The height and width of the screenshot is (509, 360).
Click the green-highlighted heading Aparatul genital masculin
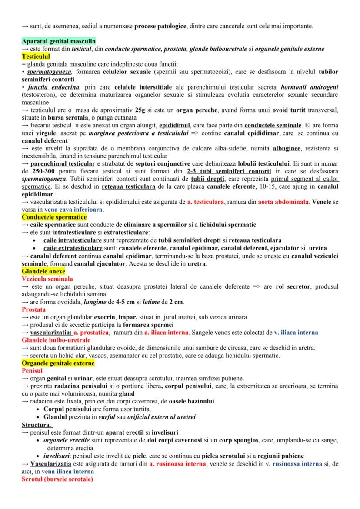58,41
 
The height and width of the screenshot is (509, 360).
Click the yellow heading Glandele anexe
43,271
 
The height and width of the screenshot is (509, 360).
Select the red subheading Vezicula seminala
47,279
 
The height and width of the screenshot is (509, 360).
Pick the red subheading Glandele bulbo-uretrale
55,340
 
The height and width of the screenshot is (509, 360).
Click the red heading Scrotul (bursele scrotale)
57,479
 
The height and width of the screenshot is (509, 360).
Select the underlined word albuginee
287,149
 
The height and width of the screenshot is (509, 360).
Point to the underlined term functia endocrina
56,87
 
